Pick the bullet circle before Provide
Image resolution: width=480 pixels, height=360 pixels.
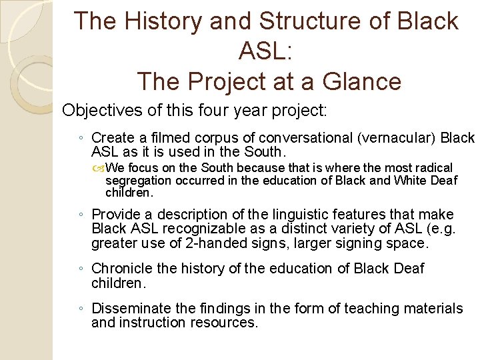81,215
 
